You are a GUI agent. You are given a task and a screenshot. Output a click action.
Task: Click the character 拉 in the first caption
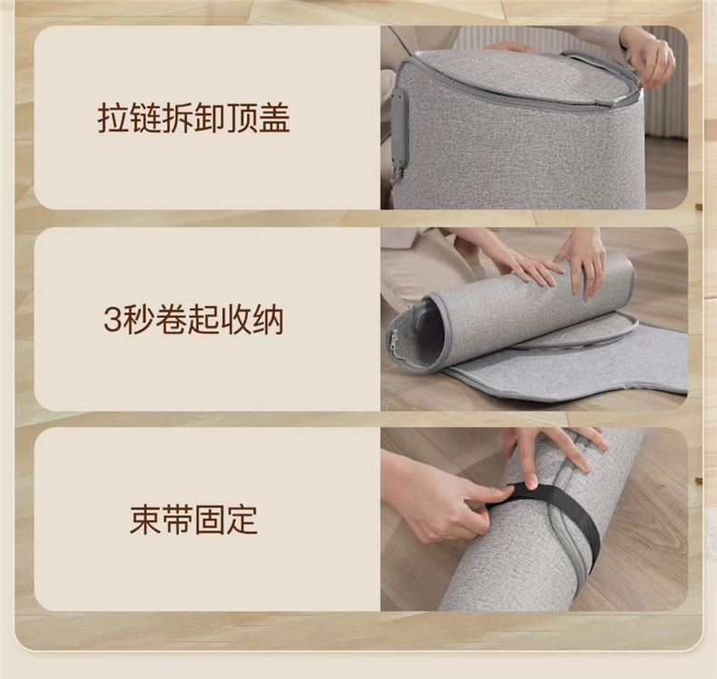click(x=113, y=118)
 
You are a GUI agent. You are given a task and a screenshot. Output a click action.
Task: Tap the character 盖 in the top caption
click(x=274, y=118)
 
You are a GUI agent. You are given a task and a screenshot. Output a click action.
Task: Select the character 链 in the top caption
click(x=145, y=118)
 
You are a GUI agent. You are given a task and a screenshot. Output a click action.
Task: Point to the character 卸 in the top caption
click(x=210, y=118)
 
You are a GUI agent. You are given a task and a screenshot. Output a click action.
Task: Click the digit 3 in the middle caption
click(x=113, y=320)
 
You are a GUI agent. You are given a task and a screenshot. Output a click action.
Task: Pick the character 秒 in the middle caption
click(x=139, y=320)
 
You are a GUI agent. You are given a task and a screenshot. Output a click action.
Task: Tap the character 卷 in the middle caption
click(x=171, y=320)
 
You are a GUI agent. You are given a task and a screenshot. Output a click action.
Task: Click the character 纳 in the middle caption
click(x=268, y=320)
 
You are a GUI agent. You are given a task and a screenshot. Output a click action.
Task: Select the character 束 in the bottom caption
click(x=145, y=520)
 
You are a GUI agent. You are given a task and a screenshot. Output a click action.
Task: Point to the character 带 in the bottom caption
click(x=177, y=520)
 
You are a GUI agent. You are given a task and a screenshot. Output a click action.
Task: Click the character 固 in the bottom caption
click(x=210, y=520)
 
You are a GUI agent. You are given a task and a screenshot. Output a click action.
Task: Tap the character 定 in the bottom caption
click(x=241, y=520)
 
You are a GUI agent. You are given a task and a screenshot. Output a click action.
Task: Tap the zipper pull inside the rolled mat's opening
click(x=395, y=339)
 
